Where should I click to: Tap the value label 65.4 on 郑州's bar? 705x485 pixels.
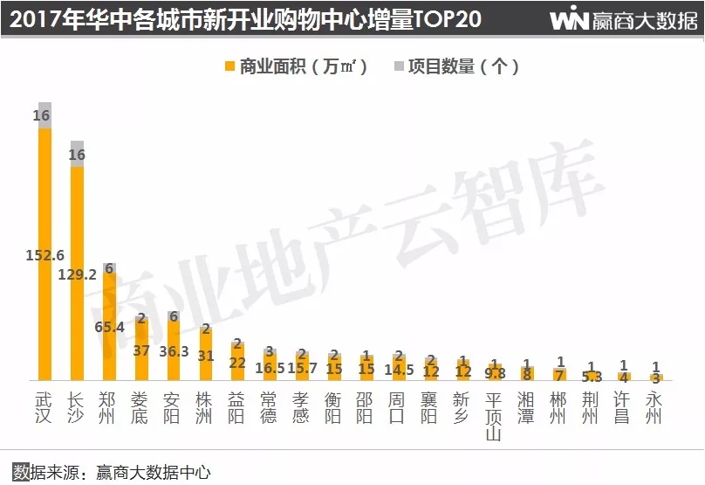pos(109,327)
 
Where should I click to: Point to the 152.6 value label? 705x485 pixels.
pos(44,255)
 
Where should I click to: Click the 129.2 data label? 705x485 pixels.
pos(77,274)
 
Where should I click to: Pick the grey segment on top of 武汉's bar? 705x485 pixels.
pos(44,115)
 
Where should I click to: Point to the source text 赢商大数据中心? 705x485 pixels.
pos(154,473)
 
